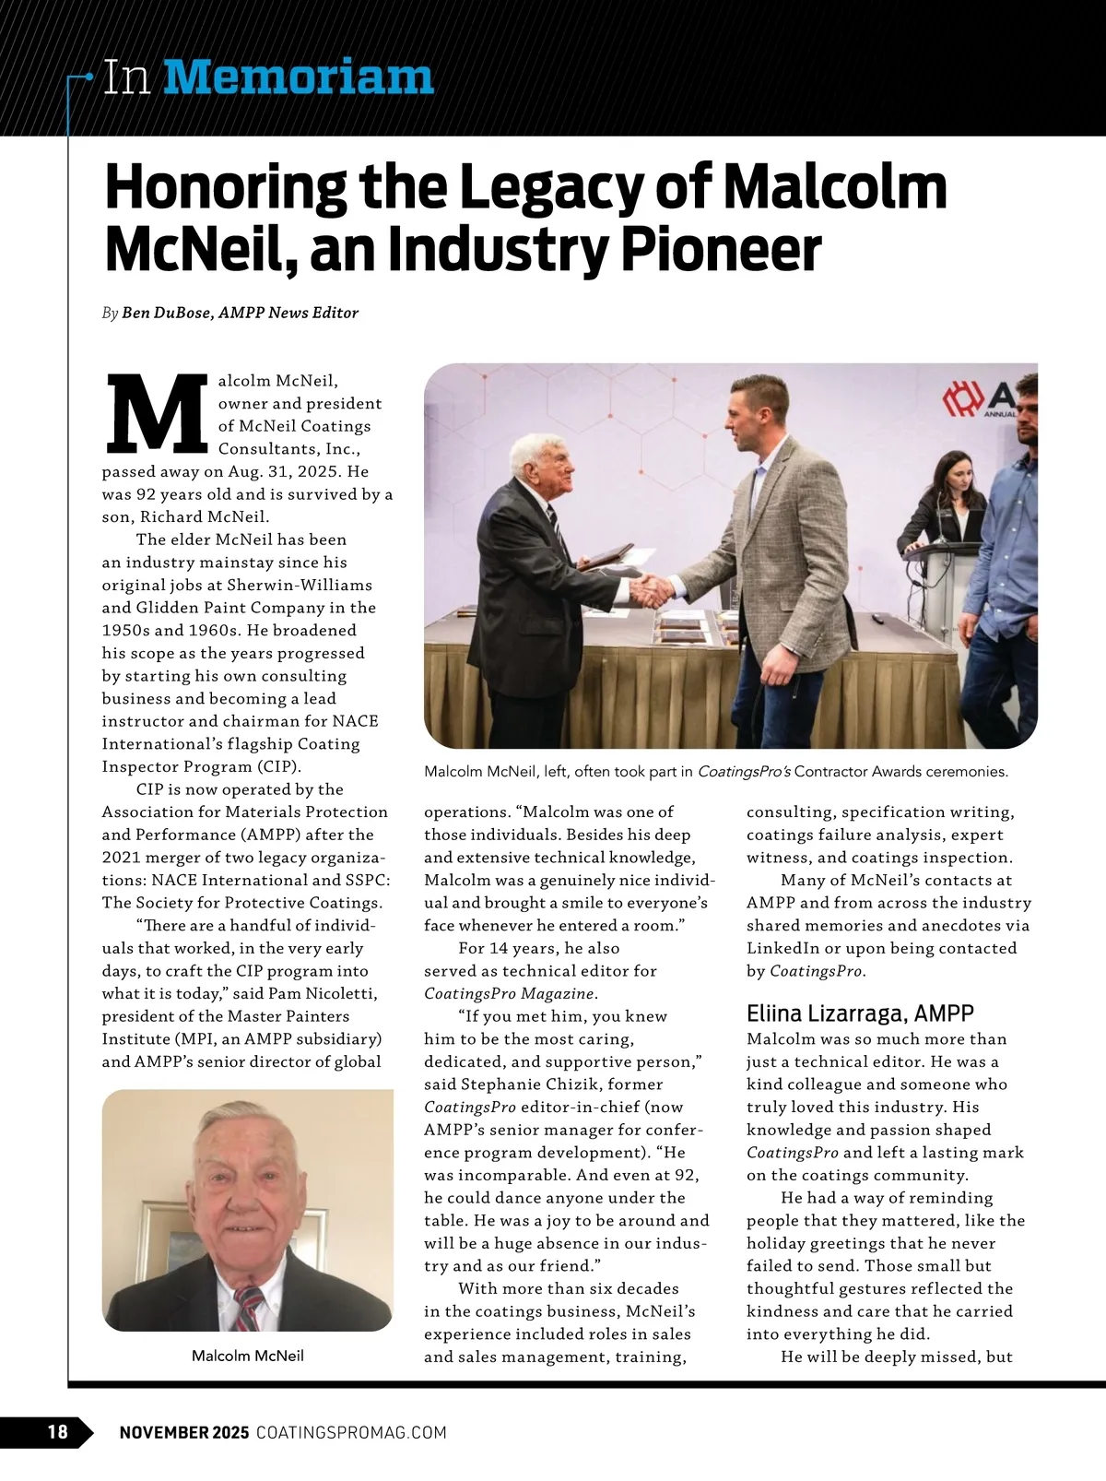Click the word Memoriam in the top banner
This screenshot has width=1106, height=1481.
[x=298, y=77]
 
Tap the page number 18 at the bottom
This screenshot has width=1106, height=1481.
[x=57, y=1431]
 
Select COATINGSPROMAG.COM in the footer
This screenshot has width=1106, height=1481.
[x=350, y=1432]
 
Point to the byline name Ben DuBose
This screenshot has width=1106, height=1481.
[x=161, y=313]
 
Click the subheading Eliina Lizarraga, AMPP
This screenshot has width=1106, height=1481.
[x=859, y=1013]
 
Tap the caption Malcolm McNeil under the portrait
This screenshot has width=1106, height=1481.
[x=247, y=1356]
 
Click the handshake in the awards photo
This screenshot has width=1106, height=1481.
[x=653, y=587]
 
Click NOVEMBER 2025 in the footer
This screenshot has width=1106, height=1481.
[x=184, y=1432]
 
